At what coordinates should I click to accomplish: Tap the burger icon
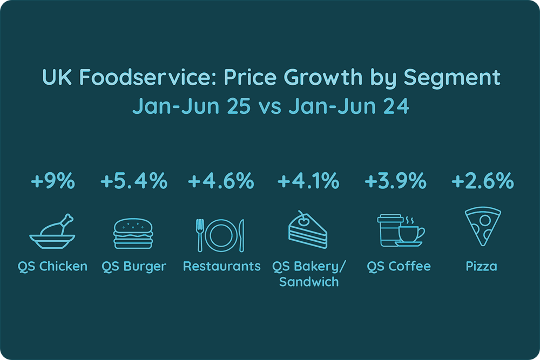133,233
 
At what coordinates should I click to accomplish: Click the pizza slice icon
482,228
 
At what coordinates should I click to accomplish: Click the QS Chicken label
52,267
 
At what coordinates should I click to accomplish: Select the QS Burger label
134,267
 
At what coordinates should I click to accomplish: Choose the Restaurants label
221,267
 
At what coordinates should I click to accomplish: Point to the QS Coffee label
399,267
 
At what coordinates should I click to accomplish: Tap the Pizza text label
482,267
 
